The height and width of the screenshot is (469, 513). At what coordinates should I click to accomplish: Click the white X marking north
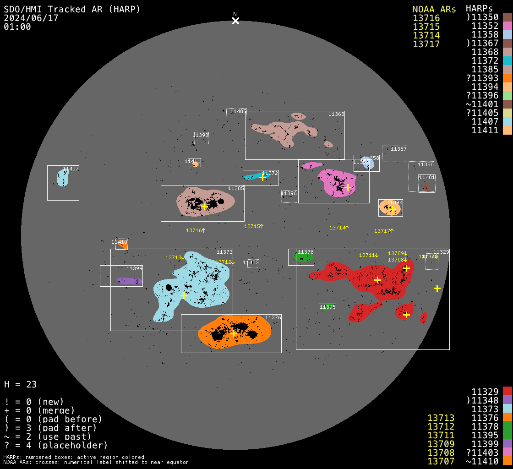tap(235, 21)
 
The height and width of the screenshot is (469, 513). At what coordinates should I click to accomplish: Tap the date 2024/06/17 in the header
tap(31, 18)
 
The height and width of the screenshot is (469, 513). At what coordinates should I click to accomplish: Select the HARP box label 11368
tap(336, 114)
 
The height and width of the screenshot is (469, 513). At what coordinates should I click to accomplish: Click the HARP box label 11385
tap(236, 188)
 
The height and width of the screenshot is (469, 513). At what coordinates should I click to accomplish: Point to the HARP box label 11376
tap(273, 317)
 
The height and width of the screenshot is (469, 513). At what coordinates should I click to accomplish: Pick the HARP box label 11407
tap(71, 169)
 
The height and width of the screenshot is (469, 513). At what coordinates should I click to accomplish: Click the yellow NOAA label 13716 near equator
tap(196, 230)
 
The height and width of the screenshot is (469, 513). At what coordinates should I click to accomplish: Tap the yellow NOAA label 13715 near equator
tap(254, 226)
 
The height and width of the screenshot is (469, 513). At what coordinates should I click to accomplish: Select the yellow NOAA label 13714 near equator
tap(339, 228)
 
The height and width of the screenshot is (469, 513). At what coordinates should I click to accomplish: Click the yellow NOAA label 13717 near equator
tap(384, 231)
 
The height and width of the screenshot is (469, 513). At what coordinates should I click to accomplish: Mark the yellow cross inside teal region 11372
tap(262, 177)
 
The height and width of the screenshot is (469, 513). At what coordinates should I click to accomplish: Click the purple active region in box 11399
tap(130, 281)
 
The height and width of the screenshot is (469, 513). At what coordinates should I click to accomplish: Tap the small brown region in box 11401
tap(426, 186)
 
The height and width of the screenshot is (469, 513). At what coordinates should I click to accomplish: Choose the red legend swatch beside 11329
tap(507, 391)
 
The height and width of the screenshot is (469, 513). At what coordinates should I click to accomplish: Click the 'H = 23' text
tap(20, 384)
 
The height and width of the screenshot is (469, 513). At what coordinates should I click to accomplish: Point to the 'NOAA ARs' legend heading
tap(434, 9)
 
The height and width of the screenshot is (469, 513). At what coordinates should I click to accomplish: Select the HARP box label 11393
tap(201, 135)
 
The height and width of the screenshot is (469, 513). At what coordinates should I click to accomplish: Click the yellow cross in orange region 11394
tap(392, 209)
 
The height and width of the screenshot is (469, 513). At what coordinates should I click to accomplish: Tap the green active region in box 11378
tap(303, 257)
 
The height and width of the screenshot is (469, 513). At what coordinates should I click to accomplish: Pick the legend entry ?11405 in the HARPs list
tap(482, 113)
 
